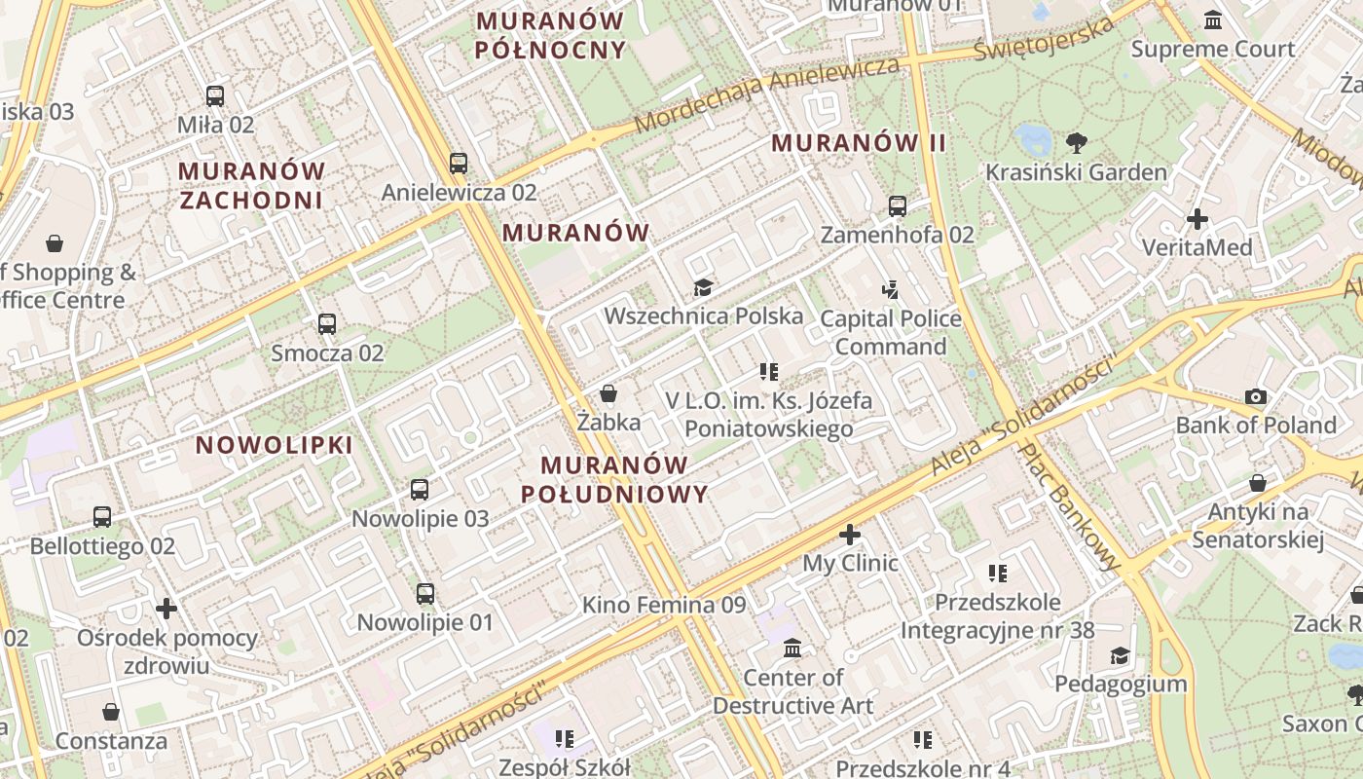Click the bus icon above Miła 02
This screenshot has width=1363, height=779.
pyautogui.click(x=215, y=96)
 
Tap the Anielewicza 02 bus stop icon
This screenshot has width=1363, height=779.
pyautogui.click(x=459, y=163)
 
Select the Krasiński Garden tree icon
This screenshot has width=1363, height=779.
pyautogui.click(x=1077, y=143)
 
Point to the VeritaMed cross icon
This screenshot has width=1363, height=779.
pyautogui.click(x=1197, y=219)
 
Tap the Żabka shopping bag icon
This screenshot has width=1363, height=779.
pyautogui.click(x=608, y=393)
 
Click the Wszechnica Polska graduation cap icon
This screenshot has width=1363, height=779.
pyautogui.click(x=703, y=287)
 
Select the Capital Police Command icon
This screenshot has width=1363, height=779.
pyautogui.click(x=891, y=289)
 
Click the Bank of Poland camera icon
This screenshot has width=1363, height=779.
pyautogui.click(x=1256, y=396)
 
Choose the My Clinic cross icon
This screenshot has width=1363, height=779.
pyautogui.click(x=850, y=535)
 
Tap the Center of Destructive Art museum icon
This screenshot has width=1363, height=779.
pyautogui.click(x=792, y=648)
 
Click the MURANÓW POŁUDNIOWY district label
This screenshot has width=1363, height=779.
pyautogui.click(x=614, y=479)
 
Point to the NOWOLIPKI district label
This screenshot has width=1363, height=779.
pyautogui.click(x=274, y=445)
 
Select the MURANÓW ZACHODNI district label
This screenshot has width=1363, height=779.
pyautogui.click(x=251, y=185)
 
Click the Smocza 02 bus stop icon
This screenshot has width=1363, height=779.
pyautogui.click(x=327, y=324)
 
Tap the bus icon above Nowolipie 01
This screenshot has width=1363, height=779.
pyautogui.click(x=425, y=594)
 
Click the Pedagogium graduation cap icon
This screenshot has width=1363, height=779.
pyautogui.click(x=1121, y=655)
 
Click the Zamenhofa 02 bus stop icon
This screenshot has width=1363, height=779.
pyautogui.click(x=898, y=206)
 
